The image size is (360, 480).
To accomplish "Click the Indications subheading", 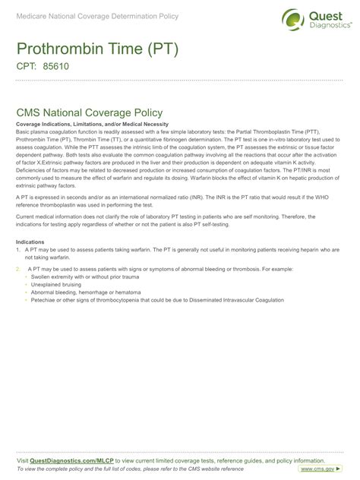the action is pos(30,242).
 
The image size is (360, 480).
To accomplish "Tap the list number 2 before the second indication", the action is pos(17,269).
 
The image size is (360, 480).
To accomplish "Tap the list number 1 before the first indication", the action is pos(17,249).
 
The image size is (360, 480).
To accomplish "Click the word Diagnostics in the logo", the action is pos(327,25).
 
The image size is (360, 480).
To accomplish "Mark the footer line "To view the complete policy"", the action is pos(129,469).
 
